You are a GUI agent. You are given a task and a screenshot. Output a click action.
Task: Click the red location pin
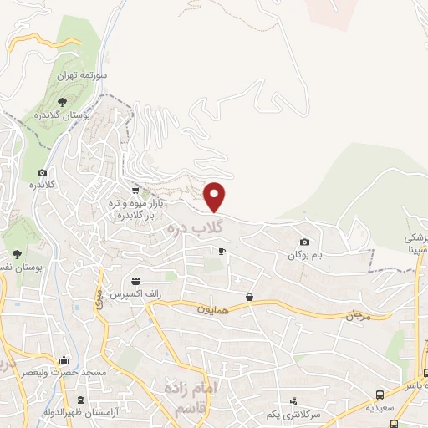[x=216, y=196]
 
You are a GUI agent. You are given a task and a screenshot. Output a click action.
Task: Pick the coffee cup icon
[x=222, y=250]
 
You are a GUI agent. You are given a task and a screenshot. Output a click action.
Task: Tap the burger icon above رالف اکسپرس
[x=135, y=280]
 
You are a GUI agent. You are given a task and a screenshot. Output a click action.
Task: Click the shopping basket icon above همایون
[x=250, y=297]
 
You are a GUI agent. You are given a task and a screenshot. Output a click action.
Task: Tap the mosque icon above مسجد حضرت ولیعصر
[x=64, y=360]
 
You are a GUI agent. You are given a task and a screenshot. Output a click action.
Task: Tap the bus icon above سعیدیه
[x=381, y=394]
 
